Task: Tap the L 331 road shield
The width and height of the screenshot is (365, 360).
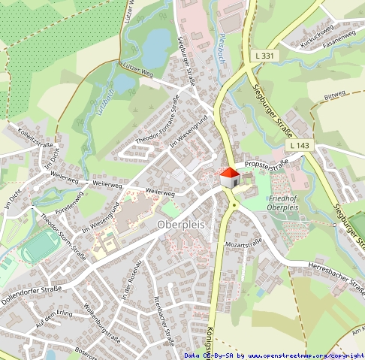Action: click(x=263, y=56)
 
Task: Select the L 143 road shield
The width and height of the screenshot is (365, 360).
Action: click(x=298, y=144)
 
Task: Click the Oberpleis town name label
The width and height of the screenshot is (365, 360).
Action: click(x=182, y=225)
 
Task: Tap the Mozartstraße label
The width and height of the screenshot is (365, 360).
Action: click(x=243, y=244)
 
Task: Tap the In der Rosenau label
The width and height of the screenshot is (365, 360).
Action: click(x=132, y=279)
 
